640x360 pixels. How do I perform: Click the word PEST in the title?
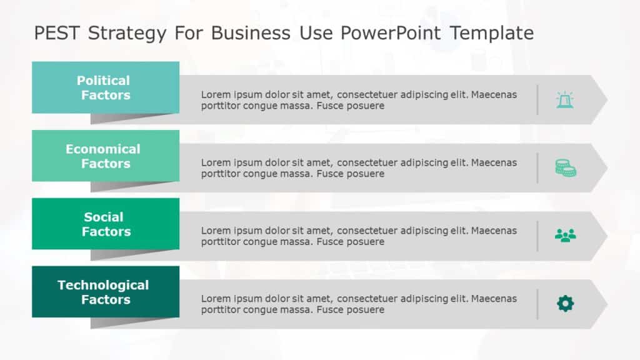coord(58,32)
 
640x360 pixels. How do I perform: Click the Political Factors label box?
coord(105,87)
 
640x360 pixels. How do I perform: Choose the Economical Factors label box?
coord(105,156)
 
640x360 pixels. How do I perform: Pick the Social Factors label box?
coord(105,224)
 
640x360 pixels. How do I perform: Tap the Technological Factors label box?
coord(105,292)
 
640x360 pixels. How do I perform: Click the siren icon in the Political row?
coord(565,100)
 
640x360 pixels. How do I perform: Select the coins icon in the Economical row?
coord(565,167)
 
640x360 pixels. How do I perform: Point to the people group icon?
coord(565,236)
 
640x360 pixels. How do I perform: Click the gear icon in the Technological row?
coord(565,304)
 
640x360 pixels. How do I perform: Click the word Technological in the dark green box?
coord(103,285)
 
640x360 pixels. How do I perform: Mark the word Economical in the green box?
coord(103,149)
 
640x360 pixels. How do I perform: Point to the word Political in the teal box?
coord(103,81)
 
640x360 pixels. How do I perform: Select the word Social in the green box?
coord(104,217)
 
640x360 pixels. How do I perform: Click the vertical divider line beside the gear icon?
coord(537,304)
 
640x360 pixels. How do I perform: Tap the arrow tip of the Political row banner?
coord(601,100)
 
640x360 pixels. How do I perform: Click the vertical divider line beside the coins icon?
coord(537,167)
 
